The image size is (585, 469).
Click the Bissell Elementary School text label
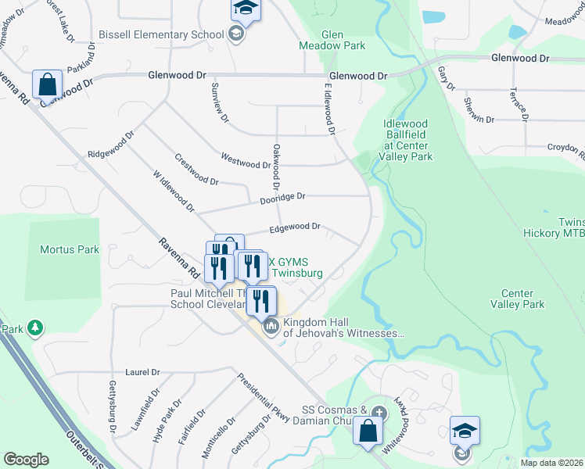pyautogui.click(x=161, y=36)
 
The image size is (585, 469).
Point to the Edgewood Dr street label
pyautogui.click(x=295, y=227)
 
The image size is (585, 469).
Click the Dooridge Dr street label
pyautogui.click(x=282, y=199)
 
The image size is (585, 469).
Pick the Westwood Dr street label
pyautogui.click(x=246, y=163)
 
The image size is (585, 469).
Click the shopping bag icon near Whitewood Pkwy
pyautogui.click(x=367, y=431)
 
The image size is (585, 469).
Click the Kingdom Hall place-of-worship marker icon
pyautogui.click(x=271, y=325)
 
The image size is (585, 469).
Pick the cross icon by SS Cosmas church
pyautogui.click(x=379, y=412)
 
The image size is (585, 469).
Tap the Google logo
pyautogui.click(x=26, y=460)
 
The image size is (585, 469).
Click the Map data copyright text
pyautogui.click(x=551, y=463)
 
